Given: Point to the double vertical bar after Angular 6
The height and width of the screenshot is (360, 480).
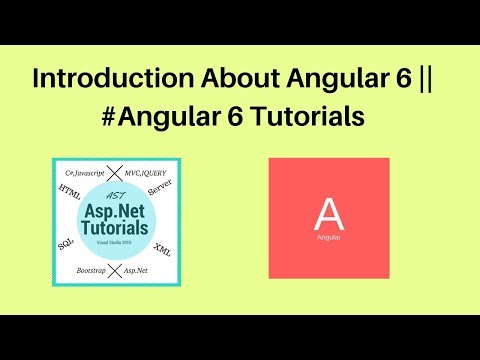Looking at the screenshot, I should coord(437,78).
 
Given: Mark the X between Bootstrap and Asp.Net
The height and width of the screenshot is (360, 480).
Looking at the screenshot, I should coord(118,270).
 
